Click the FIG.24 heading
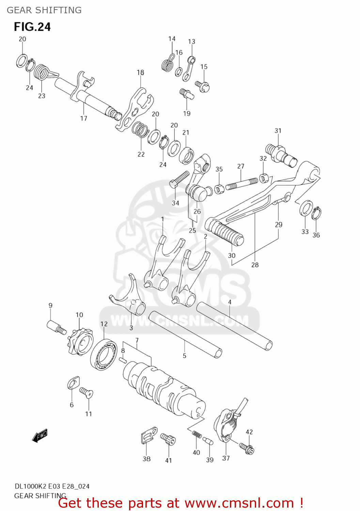pyautogui.click(x=32, y=27)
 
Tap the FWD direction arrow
pyautogui.click(x=40, y=435)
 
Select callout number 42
pyautogui.click(x=249, y=432)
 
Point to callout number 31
pyautogui.click(x=278, y=131)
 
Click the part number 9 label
pyautogui.click(x=50, y=306)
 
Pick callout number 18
pyautogui.click(x=140, y=73)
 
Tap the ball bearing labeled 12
pyautogui.click(x=104, y=354)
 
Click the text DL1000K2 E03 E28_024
pyautogui.click(x=52, y=486)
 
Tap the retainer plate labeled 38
pyautogui.click(x=148, y=436)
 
